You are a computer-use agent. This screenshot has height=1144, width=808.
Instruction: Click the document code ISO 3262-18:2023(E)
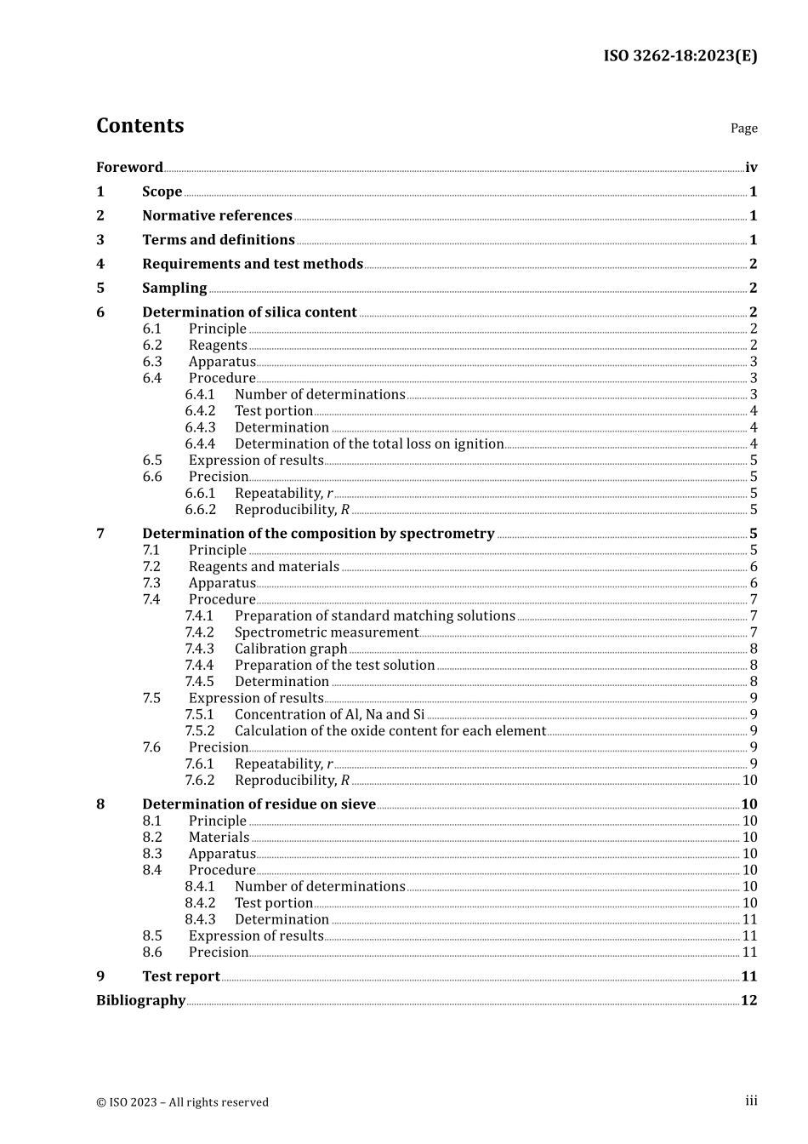click(680, 56)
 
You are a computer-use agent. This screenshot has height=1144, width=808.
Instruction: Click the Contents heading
click(139, 125)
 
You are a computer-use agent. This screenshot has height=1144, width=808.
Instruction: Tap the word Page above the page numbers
click(743, 128)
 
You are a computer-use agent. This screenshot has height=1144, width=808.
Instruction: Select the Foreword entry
click(129, 167)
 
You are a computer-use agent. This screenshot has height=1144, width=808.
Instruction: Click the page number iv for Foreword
click(751, 167)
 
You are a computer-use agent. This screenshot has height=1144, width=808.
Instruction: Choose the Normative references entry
click(217, 215)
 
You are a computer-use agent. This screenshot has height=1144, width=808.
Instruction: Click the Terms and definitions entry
click(218, 239)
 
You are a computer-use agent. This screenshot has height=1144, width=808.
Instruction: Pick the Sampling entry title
click(174, 288)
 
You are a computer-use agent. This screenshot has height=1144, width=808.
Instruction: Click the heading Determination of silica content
click(249, 312)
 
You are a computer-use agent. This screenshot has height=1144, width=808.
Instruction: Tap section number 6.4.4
click(200, 443)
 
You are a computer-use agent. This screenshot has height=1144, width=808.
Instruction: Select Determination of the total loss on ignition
click(369, 443)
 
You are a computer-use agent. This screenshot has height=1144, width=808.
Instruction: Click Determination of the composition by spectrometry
click(318, 533)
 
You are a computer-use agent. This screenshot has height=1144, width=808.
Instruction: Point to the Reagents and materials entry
click(264, 566)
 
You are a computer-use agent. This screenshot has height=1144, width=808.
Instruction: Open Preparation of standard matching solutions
click(374, 615)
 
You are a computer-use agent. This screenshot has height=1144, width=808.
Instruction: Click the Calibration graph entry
click(291, 649)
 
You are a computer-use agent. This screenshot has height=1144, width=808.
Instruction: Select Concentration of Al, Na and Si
click(329, 714)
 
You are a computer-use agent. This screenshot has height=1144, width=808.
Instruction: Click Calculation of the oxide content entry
click(390, 730)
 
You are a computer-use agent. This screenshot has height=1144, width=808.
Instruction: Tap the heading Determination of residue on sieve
click(259, 804)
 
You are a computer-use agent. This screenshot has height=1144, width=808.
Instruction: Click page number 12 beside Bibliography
click(748, 1000)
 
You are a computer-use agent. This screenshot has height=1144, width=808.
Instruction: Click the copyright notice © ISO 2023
click(182, 1102)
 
